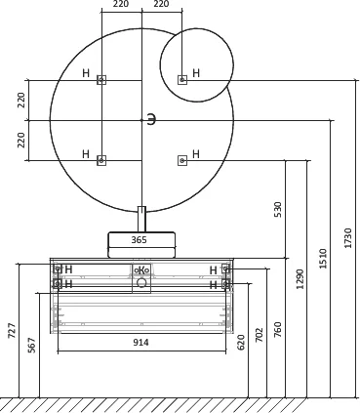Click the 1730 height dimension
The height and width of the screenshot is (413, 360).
tap(348, 238)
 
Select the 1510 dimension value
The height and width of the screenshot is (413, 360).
tap(323, 259)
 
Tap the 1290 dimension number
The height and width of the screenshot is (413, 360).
tap(300, 279)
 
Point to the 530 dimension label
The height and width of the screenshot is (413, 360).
tap(277, 210)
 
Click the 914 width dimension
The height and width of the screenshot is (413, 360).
tap(140, 343)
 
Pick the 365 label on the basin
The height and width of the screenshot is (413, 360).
tap(139, 240)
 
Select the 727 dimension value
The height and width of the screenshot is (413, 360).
tap(12, 331)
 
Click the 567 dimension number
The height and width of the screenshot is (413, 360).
tap(31, 345)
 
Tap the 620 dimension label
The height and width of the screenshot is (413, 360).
tap(241, 342)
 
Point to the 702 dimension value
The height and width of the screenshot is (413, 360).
tap(260, 335)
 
